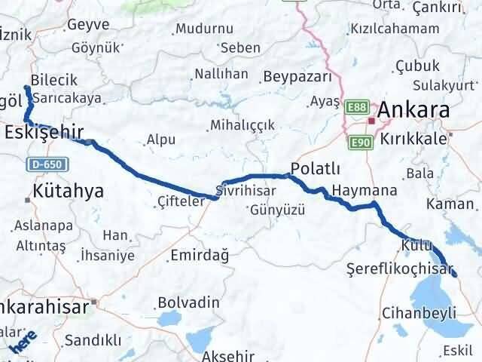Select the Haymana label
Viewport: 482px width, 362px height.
pos(363,190)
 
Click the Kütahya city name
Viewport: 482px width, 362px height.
pos(68,191)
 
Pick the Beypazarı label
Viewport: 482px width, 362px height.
pos(297,78)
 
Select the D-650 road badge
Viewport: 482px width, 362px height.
pos(50,164)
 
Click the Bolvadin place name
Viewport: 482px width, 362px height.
pos(188,302)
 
